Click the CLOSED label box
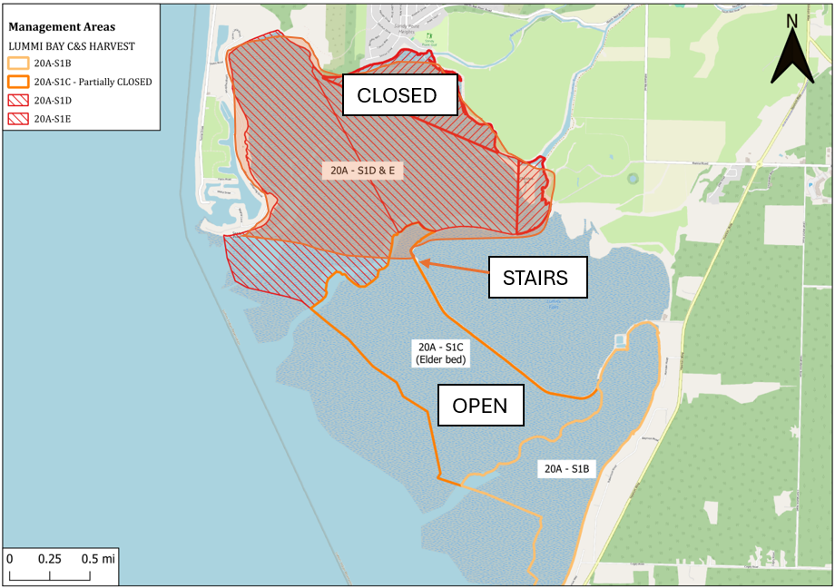click(x=397, y=95)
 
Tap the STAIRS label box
click(x=535, y=278)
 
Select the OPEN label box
click(x=480, y=406)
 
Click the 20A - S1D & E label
click(x=362, y=170)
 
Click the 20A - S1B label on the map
click(x=567, y=469)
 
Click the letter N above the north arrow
click(x=791, y=21)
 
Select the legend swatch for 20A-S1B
click(x=18, y=64)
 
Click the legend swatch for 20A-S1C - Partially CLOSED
click(x=18, y=82)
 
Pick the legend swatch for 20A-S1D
click(x=18, y=100)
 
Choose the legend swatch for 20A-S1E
click(x=18, y=118)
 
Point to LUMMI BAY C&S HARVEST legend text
click(x=71, y=45)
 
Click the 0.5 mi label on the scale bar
click(x=98, y=558)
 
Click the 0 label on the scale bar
click(x=10, y=558)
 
